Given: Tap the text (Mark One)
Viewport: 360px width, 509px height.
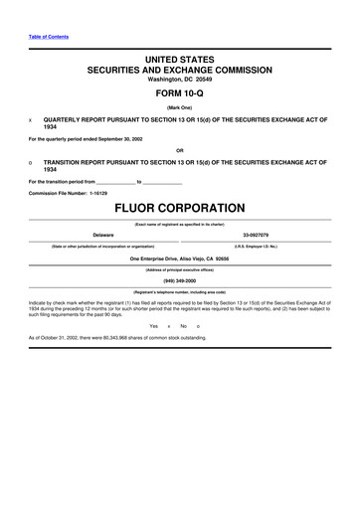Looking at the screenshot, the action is point(180,109).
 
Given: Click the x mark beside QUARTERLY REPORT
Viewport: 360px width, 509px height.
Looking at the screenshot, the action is point(31,119).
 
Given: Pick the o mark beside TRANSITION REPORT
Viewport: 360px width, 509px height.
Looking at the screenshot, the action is point(31,161).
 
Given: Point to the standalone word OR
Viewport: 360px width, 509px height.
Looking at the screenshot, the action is point(180,150).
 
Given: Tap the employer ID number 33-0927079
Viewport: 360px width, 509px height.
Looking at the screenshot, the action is point(261,236).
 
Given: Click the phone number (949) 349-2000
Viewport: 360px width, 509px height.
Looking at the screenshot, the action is point(180,279).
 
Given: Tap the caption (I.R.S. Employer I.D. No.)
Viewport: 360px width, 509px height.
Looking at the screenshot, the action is point(261,245).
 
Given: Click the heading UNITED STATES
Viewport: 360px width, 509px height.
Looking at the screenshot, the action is point(180,60).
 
